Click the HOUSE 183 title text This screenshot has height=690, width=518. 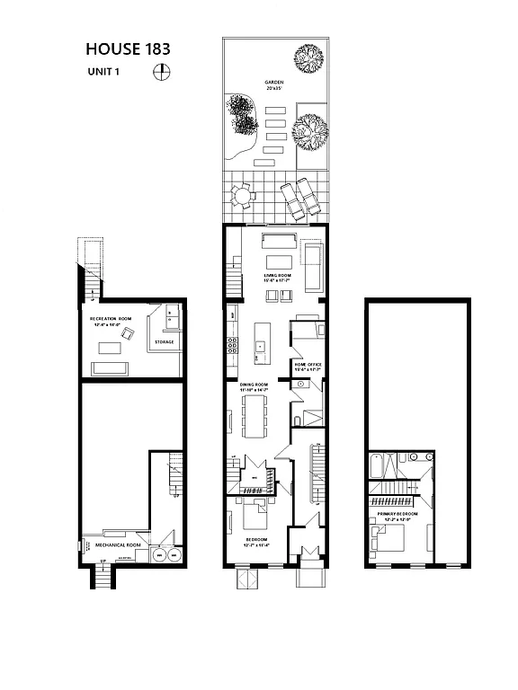(129, 49)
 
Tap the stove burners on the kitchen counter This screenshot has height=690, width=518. (233, 344)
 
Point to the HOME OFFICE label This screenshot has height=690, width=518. (308, 365)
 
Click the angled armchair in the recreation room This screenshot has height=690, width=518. (129, 334)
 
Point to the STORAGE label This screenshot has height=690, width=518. (165, 341)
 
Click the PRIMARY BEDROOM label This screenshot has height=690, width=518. (397, 517)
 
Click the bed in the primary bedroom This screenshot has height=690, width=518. (388, 539)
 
